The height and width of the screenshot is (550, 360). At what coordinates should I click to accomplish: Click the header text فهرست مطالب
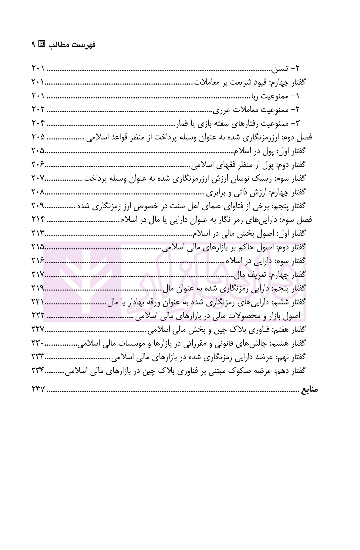(72, 45)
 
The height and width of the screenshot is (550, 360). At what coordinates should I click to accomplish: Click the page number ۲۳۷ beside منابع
(38, 389)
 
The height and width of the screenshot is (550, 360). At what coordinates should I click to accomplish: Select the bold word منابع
(309, 389)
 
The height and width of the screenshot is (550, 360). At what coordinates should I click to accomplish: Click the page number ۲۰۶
(38, 165)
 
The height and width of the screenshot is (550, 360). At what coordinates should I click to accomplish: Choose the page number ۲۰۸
(38, 192)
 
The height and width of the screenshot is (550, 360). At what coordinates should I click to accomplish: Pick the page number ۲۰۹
(38, 206)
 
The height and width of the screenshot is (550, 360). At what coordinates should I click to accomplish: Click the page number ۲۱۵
(38, 247)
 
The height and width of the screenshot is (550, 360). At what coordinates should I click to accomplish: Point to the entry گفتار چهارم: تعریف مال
(270, 275)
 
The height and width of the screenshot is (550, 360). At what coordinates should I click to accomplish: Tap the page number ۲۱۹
(38, 288)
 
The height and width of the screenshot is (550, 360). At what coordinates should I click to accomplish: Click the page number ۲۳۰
(38, 343)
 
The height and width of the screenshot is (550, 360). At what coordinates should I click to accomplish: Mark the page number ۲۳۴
(38, 371)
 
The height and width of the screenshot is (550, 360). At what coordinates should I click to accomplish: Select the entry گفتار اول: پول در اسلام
(269, 151)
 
